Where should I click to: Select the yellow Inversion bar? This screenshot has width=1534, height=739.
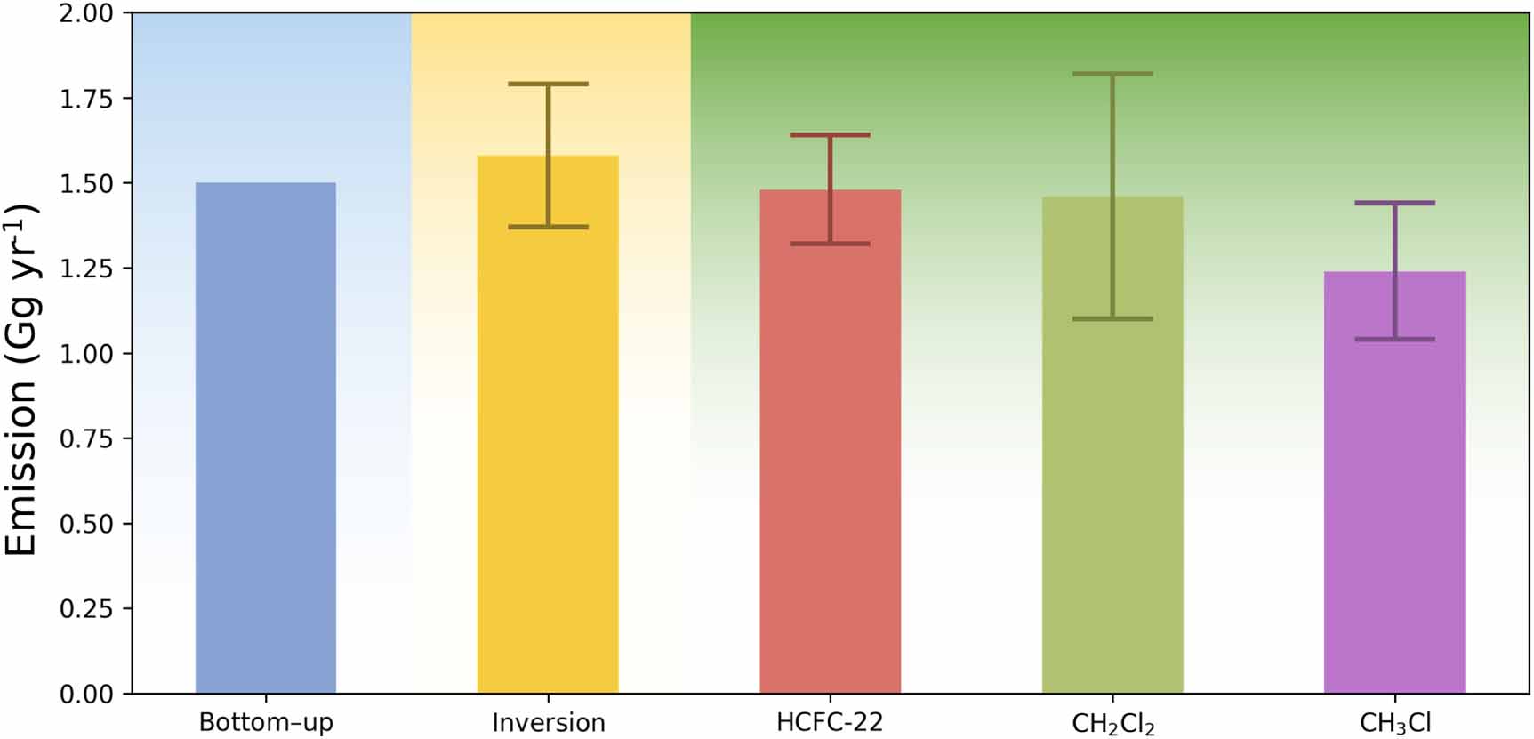(x=548, y=462)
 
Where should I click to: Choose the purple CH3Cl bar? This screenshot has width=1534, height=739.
(x=1394, y=516)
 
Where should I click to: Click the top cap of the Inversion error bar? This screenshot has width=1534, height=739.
(x=548, y=84)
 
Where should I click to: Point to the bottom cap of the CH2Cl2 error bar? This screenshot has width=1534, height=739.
(x=1112, y=318)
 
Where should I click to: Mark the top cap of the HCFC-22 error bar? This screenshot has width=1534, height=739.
(x=830, y=135)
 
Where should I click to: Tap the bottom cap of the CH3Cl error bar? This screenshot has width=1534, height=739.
(x=1394, y=339)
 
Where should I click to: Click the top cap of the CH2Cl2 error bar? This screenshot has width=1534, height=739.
(x=1112, y=74)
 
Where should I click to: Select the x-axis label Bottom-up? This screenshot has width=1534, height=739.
(x=266, y=722)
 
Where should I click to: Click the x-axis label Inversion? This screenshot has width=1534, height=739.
(x=548, y=722)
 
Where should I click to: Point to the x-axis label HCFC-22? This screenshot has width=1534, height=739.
(x=830, y=722)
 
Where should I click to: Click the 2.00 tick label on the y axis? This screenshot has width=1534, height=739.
(x=86, y=14)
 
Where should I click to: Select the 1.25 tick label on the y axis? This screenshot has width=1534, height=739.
(x=86, y=269)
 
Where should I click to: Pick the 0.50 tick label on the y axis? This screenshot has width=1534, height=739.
(x=86, y=524)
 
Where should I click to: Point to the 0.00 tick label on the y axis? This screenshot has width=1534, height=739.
(x=86, y=694)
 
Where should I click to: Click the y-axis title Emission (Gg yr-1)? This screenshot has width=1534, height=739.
(x=22, y=380)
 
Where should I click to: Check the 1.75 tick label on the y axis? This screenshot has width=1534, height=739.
(x=86, y=99)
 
